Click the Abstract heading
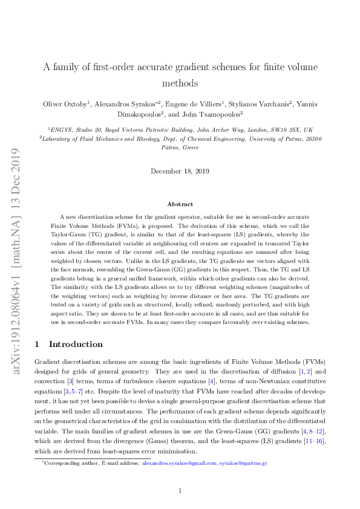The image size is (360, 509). pos(180,204)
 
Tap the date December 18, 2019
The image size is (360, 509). pos(180,172)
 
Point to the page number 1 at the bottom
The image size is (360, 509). pos(180,490)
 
